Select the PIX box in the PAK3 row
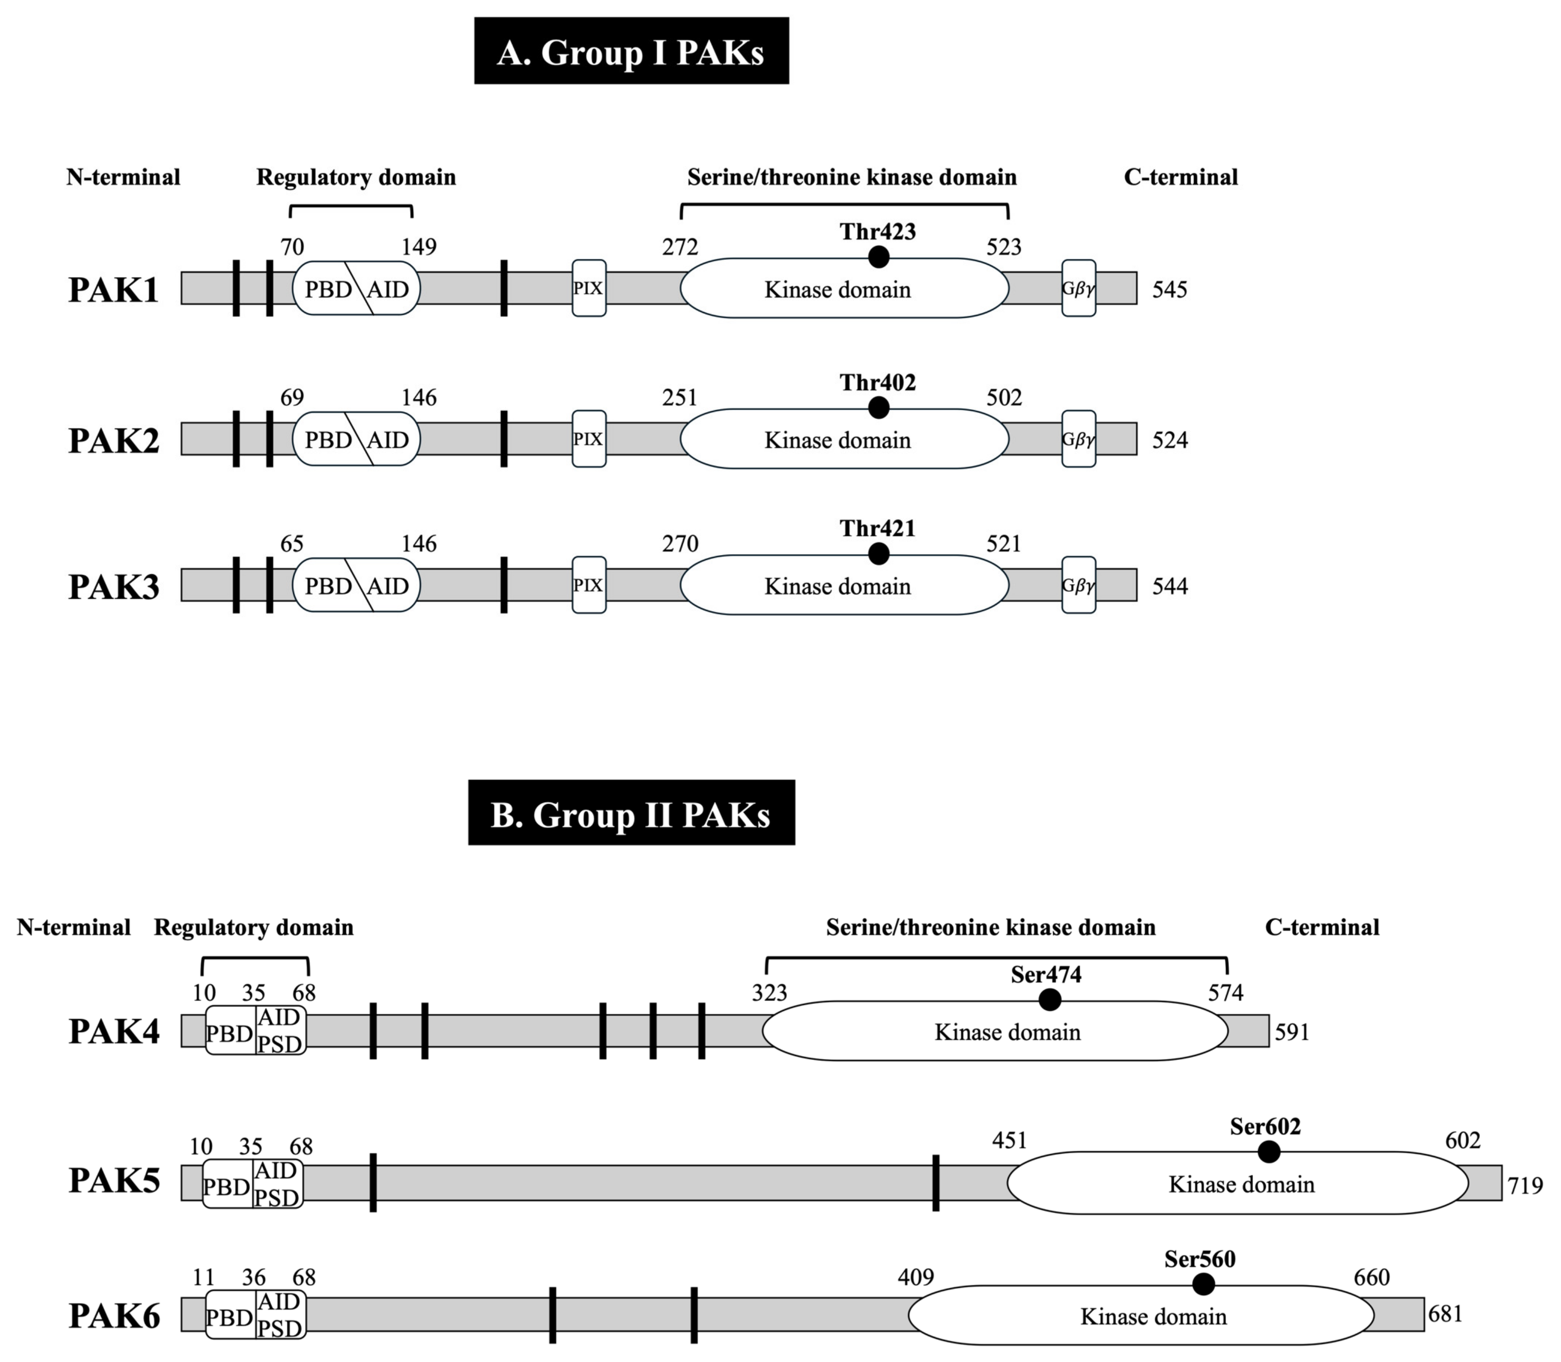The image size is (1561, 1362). [588, 585]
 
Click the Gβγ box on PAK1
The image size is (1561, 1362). [1079, 288]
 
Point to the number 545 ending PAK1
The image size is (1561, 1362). [1170, 290]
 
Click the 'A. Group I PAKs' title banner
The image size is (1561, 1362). [631, 51]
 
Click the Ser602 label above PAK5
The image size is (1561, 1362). [1265, 1126]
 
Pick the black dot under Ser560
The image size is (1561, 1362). [1203, 1284]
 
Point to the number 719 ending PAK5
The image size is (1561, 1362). [1525, 1185]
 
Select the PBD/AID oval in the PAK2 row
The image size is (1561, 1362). [356, 439]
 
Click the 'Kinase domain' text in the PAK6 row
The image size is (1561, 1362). [1153, 1316]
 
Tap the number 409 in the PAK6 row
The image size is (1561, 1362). [915, 1277]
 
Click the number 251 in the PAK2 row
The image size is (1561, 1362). [679, 397]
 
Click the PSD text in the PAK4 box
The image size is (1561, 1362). [279, 1044]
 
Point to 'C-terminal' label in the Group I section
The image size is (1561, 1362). [1180, 177]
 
